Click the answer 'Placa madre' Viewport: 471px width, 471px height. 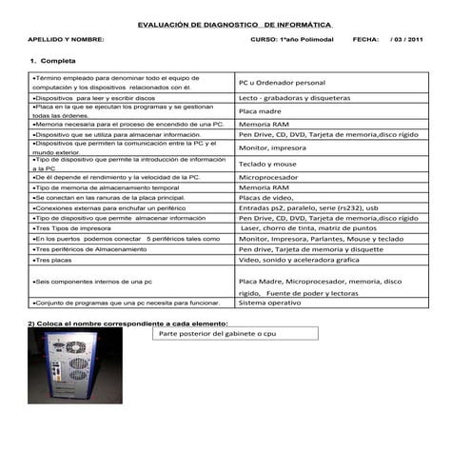[259, 111]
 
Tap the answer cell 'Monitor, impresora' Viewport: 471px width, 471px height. [270, 148]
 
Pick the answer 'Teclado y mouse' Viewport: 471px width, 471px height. [267, 164]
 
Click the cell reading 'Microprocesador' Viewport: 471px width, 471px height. [271, 177]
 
